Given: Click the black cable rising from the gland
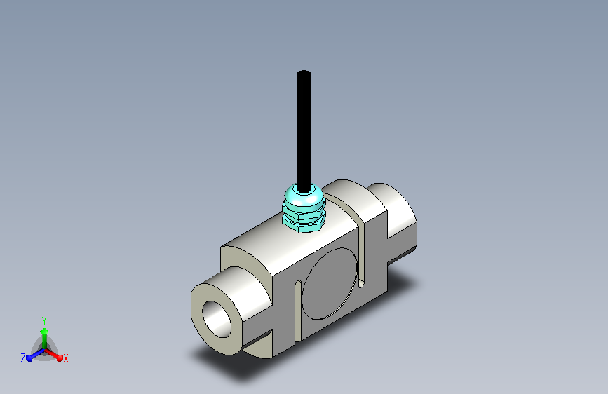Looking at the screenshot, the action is tap(304, 131).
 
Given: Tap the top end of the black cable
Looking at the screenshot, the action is tap(304, 72).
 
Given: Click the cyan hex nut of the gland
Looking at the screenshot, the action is tap(304, 221).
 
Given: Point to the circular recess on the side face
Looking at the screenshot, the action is tap(330, 284).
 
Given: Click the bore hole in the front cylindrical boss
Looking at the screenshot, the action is tap(217, 319).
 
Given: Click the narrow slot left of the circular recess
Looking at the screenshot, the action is tap(298, 311).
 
